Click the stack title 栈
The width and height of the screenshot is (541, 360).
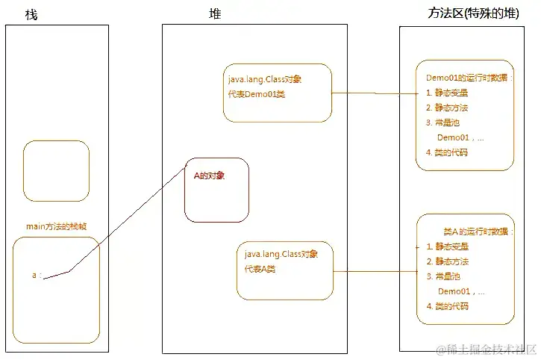(x=31, y=15)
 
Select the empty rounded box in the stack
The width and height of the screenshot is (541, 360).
(x=56, y=171)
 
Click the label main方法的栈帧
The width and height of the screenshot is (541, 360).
(x=56, y=227)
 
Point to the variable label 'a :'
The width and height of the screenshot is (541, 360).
(x=37, y=276)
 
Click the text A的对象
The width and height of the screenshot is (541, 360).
(x=209, y=176)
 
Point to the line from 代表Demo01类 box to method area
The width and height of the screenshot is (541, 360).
(x=373, y=93)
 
